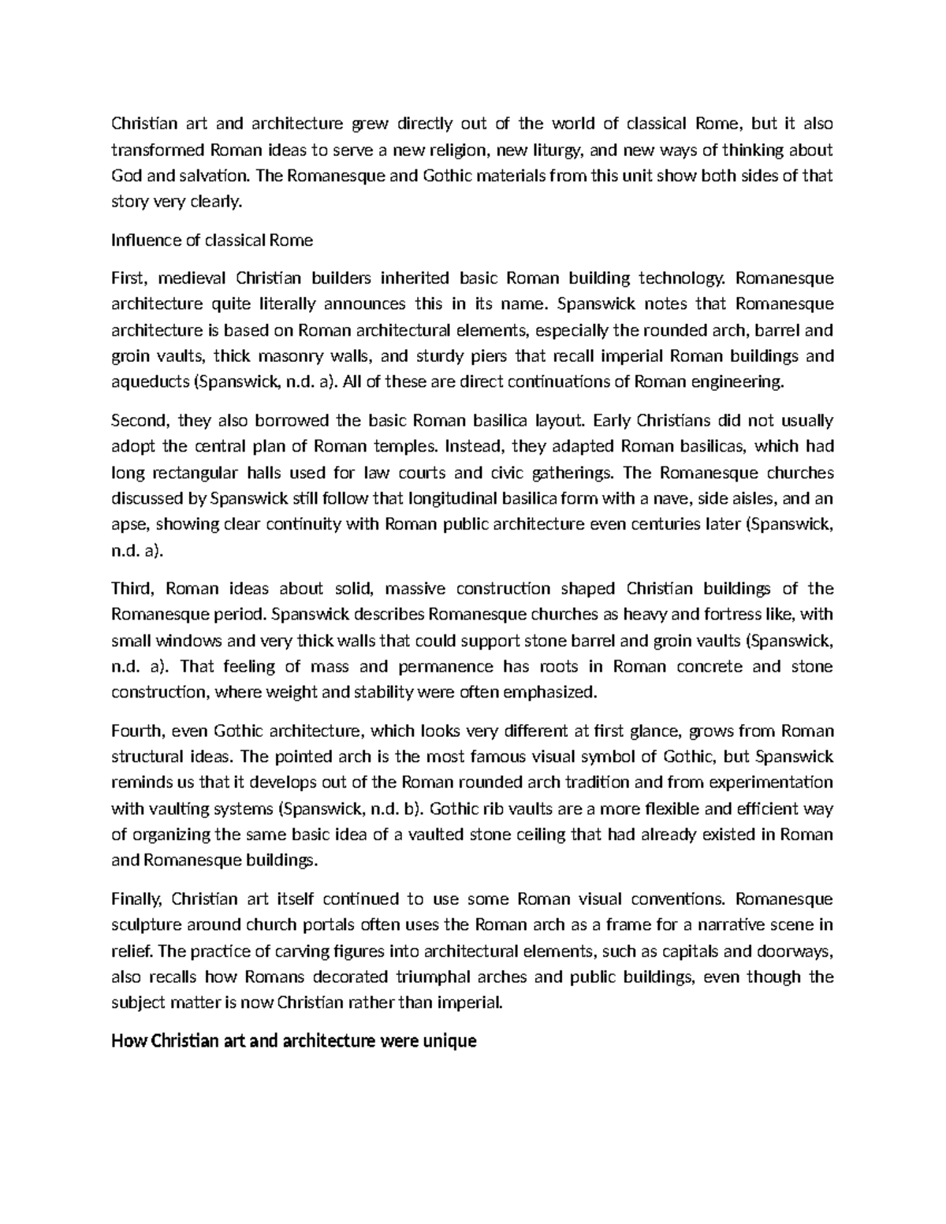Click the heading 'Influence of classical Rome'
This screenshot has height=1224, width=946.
212,240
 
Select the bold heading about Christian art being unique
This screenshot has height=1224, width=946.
294,1041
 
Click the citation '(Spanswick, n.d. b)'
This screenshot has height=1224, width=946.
352,808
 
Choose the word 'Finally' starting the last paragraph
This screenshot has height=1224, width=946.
136,898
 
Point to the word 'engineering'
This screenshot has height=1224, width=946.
743,382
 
